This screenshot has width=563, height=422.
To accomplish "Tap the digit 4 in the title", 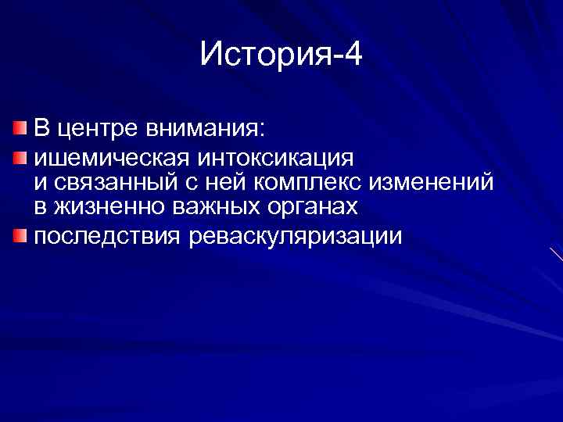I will pyautogui.click(x=353, y=55).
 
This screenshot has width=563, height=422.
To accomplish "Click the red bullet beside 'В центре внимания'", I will pyautogui.click(x=19, y=127).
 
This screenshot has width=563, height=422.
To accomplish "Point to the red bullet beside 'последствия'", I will pyautogui.click(x=19, y=234).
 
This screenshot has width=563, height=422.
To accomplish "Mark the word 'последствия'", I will pyautogui.click(x=106, y=235).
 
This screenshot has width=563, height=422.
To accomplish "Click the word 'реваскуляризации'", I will pyautogui.click(x=295, y=235).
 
